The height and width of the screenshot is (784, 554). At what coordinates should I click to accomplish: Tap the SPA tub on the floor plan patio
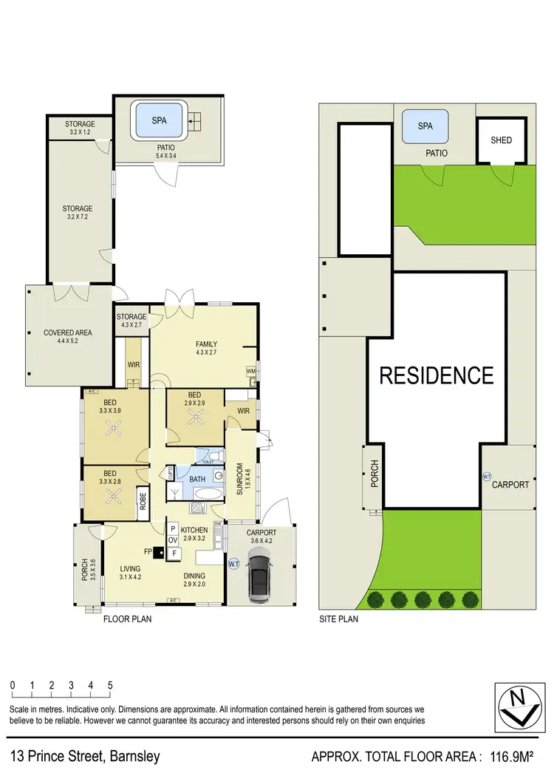click(x=160, y=120)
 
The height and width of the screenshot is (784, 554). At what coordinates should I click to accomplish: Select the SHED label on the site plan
click(x=501, y=140)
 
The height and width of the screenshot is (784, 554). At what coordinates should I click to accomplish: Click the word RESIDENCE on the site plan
click(x=436, y=375)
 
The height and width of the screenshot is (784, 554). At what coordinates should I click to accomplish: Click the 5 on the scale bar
click(x=110, y=685)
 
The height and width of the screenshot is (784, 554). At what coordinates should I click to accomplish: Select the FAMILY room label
click(x=206, y=344)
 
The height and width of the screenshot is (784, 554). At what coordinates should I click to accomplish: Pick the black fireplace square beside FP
click(x=158, y=551)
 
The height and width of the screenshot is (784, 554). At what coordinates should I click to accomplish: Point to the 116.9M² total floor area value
click(x=517, y=757)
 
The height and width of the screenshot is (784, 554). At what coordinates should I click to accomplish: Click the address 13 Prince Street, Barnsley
click(x=85, y=757)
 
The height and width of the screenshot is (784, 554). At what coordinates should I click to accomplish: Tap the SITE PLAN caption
click(x=338, y=619)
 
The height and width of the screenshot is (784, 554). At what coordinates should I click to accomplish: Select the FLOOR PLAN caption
click(x=127, y=619)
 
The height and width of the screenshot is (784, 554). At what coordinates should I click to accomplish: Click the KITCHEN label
click(x=195, y=530)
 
